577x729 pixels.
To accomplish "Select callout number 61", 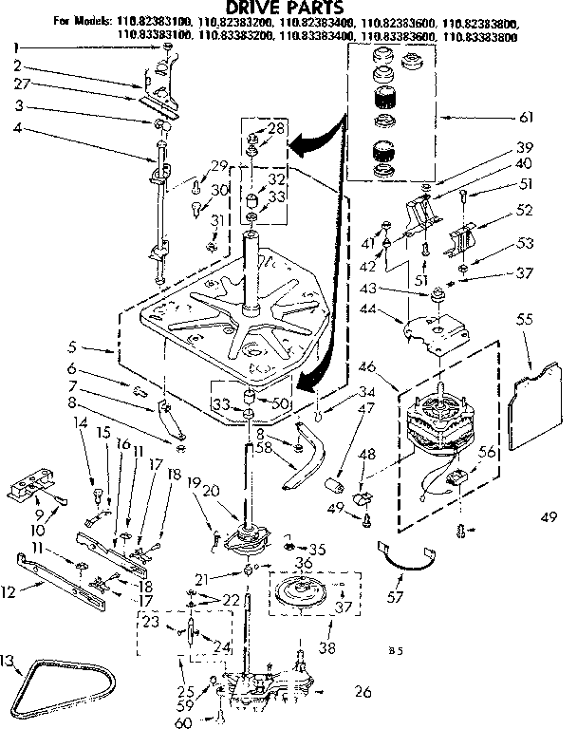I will pyautogui.click(x=526, y=118).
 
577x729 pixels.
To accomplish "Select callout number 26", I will pyautogui.click(x=361, y=691).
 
